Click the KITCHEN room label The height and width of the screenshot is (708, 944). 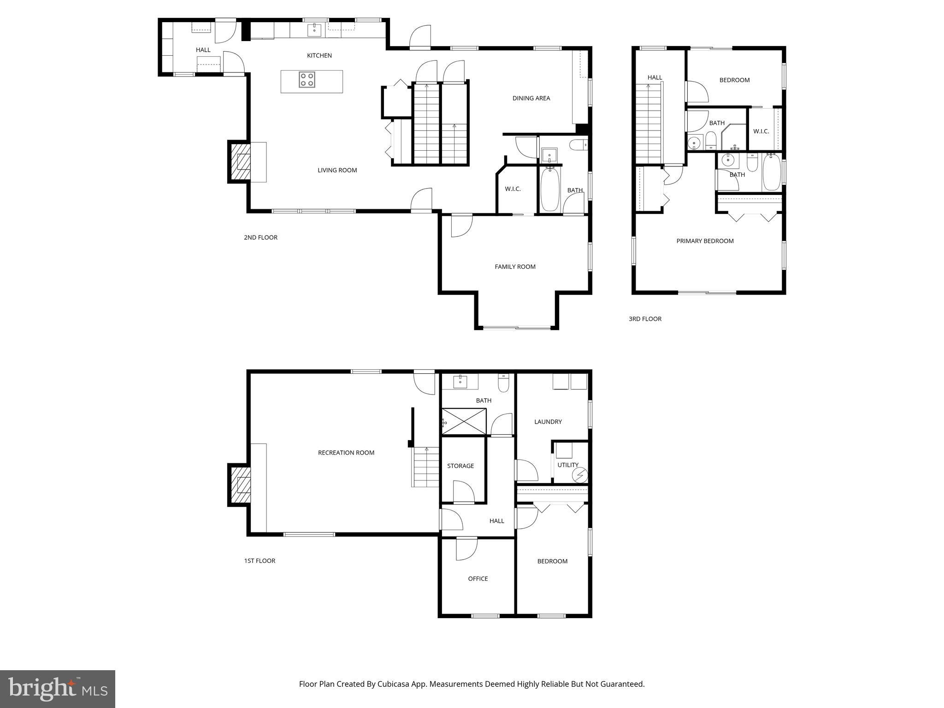(x=319, y=56)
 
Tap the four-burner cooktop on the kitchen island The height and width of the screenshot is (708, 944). (x=307, y=80)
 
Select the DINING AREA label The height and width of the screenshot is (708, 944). (x=531, y=98)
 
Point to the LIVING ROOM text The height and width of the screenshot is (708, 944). (x=337, y=170)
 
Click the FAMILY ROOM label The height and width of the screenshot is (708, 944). (x=515, y=266)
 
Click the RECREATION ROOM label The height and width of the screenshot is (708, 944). (x=346, y=453)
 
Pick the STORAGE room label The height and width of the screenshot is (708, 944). (x=460, y=466)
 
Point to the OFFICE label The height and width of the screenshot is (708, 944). (x=478, y=578)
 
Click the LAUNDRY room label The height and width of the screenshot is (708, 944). (x=548, y=422)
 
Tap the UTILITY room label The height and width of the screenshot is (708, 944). (x=567, y=465)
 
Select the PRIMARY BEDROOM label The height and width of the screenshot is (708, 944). (x=704, y=241)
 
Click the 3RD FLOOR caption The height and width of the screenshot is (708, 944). (x=645, y=319)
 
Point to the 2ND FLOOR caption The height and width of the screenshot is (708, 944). (x=260, y=237)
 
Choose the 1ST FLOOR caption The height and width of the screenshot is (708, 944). (x=260, y=561)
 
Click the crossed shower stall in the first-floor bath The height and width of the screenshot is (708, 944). (x=464, y=421)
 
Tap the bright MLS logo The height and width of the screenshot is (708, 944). (x=58, y=689)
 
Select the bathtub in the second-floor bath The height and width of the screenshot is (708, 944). (x=549, y=190)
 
